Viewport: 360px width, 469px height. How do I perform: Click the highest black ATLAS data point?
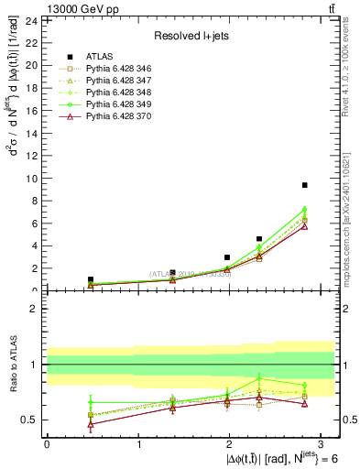tap(304, 185)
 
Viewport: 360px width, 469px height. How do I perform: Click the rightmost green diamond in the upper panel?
tap(304, 210)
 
